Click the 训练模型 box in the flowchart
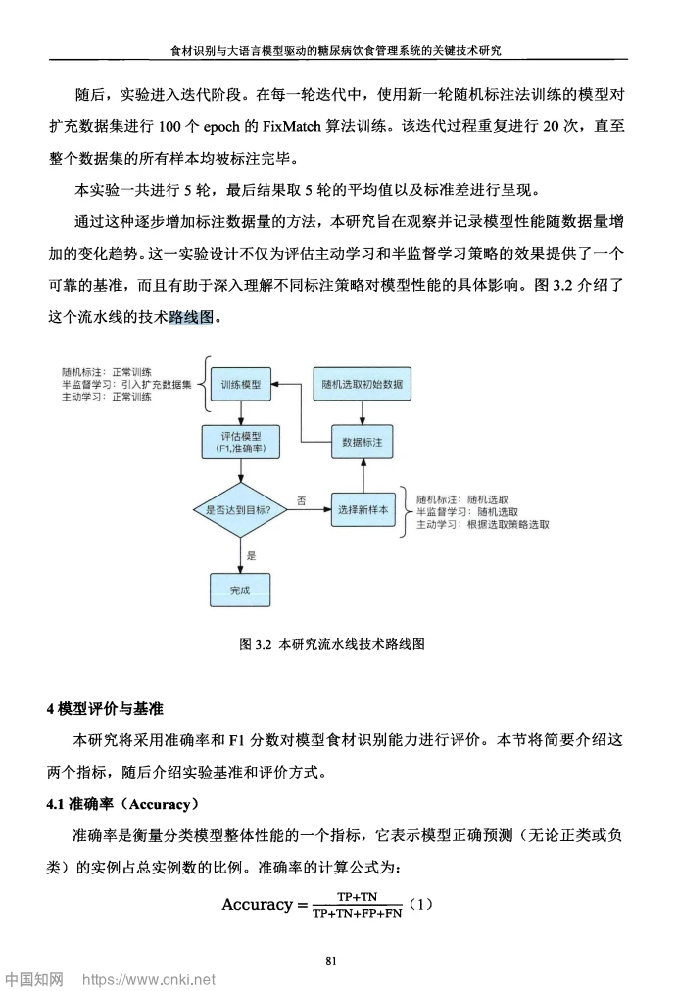point(240,386)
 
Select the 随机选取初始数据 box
point(363,386)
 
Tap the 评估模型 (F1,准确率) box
point(240,443)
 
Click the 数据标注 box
point(363,443)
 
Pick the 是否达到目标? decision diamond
point(240,509)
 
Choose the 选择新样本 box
point(363,509)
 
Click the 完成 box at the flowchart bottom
point(240,590)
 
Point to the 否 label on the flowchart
point(302,500)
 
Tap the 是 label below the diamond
point(251,555)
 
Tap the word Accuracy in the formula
point(257,904)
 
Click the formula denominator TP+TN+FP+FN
point(357,913)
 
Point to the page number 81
point(331,960)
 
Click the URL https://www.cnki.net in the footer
point(148,978)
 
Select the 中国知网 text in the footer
point(34,978)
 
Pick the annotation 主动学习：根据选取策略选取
point(482,525)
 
